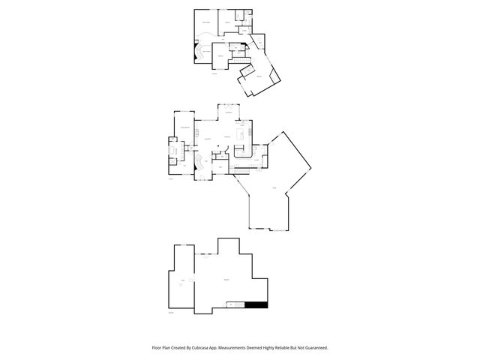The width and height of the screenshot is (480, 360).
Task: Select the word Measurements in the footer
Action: [241, 347]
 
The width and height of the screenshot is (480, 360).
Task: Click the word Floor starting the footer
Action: [157, 347]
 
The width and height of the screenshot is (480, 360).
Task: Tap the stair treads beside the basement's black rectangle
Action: [236, 304]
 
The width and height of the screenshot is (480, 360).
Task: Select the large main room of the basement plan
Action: [225, 281]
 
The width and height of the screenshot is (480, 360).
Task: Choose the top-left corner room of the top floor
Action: [207, 25]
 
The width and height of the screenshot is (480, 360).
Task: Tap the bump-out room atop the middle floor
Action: [229, 112]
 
